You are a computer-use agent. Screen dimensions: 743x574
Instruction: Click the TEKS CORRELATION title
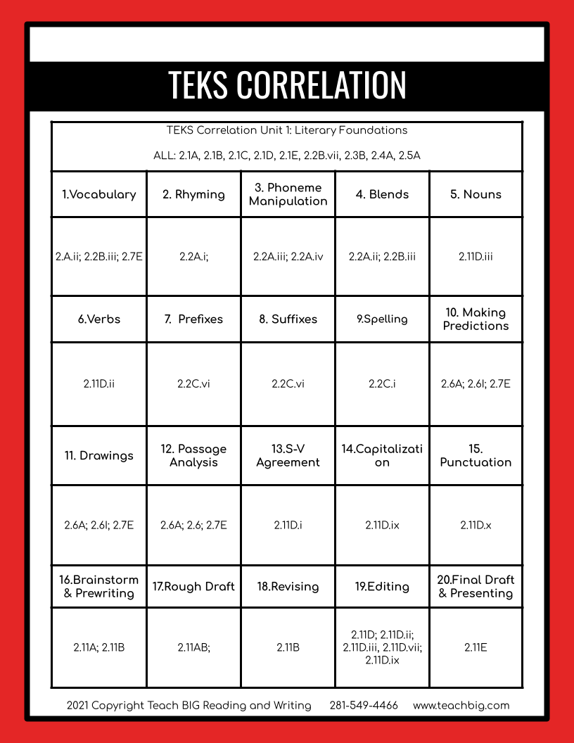coord(287,85)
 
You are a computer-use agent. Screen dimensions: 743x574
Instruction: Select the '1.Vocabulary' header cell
coord(99,194)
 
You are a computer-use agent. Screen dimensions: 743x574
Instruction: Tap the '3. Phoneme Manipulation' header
coord(288,194)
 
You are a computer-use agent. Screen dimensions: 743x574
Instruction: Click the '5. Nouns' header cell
coord(476,194)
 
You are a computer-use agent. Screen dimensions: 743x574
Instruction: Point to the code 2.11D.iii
coord(476,257)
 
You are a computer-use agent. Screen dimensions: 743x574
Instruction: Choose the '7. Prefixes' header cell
coord(193,319)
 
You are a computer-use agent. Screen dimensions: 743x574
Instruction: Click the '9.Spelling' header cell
coord(382,319)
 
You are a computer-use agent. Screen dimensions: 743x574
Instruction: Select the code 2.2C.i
coord(382,384)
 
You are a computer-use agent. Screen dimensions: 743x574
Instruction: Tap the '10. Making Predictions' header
coord(476,319)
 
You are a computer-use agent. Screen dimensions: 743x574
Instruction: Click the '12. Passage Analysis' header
coord(193,455)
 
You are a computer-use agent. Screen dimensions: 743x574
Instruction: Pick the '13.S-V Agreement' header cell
coord(288,455)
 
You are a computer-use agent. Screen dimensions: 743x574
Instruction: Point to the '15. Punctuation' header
coord(476,455)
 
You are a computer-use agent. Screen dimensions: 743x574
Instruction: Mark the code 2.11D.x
coord(476,525)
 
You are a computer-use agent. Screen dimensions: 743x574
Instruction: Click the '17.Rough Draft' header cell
coord(193,586)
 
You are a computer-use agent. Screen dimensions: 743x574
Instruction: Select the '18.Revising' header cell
coord(288,586)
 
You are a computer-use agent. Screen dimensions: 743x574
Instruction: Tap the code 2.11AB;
coord(193,647)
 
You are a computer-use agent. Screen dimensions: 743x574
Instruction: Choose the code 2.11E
coord(476,647)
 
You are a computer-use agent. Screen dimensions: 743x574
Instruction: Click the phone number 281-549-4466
coord(364,705)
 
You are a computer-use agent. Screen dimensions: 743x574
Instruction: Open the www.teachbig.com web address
coord(461,705)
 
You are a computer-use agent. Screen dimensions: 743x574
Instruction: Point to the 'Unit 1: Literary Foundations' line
coord(287,130)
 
